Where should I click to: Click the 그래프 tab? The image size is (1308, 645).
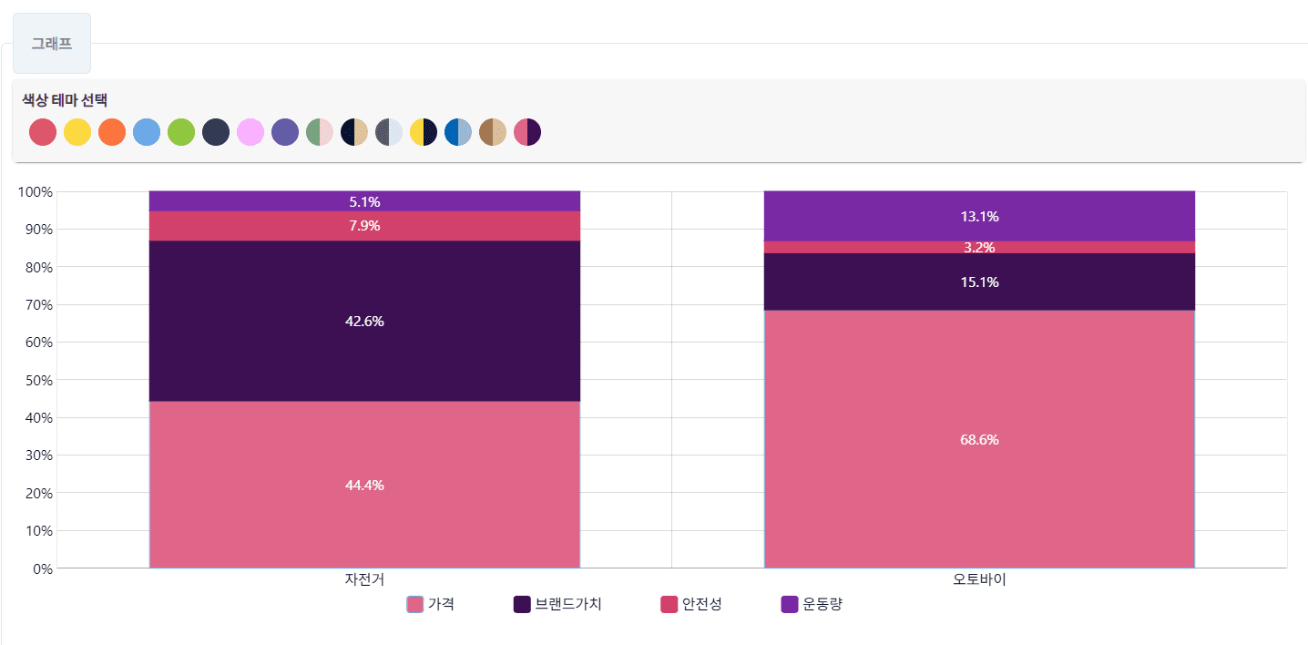[52, 43]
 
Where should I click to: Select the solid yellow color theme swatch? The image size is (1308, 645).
[77, 132]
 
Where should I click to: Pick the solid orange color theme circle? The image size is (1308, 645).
[112, 132]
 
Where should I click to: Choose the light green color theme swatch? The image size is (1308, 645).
[181, 132]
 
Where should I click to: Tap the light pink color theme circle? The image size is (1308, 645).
[250, 132]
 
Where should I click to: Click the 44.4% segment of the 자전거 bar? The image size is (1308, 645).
[364, 485]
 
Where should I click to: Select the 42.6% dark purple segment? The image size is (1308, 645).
[364, 321]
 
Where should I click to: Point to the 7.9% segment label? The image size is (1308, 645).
[364, 226]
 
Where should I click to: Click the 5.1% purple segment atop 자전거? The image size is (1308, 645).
[364, 201]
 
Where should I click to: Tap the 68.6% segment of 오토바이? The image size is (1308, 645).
[979, 439]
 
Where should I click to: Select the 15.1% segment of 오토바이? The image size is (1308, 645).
[979, 282]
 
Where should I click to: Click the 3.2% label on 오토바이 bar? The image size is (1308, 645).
[979, 247]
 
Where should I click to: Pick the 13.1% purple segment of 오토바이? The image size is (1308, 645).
[979, 216]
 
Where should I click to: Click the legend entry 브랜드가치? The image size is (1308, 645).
[557, 604]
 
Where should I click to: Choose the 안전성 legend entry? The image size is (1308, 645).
[691, 604]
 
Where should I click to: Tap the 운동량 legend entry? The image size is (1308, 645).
[812, 604]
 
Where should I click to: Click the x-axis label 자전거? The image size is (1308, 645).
[364, 579]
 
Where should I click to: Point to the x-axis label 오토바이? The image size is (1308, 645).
[979, 579]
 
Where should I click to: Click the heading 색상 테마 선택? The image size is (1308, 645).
[65, 100]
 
